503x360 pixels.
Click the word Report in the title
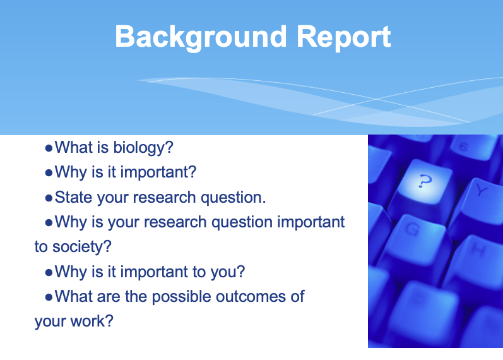click(x=344, y=37)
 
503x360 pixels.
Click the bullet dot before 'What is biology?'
click(x=49, y=149)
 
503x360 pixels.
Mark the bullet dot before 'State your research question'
click(x=49, y=198)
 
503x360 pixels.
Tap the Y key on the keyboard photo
click(x=482, y=189)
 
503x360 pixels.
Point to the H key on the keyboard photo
click(x=478, y=251)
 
